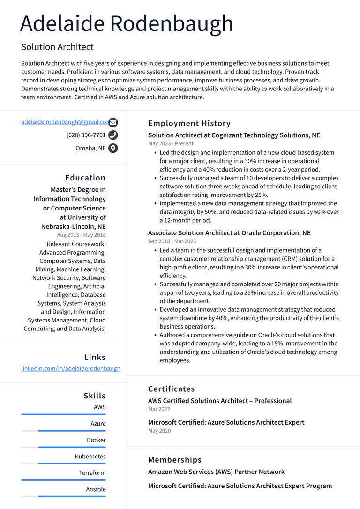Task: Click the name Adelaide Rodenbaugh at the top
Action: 127,23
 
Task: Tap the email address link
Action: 65,122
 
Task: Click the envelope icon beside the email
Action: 113,122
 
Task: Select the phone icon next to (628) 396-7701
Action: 113,135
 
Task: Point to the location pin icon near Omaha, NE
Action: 113,149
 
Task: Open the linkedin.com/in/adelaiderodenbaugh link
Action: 71,368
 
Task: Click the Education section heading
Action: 85,178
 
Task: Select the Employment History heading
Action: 189,123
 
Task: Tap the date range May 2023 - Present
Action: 171,143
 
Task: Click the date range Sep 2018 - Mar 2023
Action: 172,241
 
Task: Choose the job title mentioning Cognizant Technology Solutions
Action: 234,135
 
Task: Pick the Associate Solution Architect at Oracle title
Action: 229,233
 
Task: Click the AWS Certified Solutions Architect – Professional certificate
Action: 220,401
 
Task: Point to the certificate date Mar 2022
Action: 159,409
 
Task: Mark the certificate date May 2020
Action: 159,431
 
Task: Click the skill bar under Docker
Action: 63,447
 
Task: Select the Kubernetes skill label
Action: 90,457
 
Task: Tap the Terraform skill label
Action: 92,473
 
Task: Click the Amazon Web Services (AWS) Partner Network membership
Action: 216,472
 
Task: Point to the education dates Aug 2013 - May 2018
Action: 82,235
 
